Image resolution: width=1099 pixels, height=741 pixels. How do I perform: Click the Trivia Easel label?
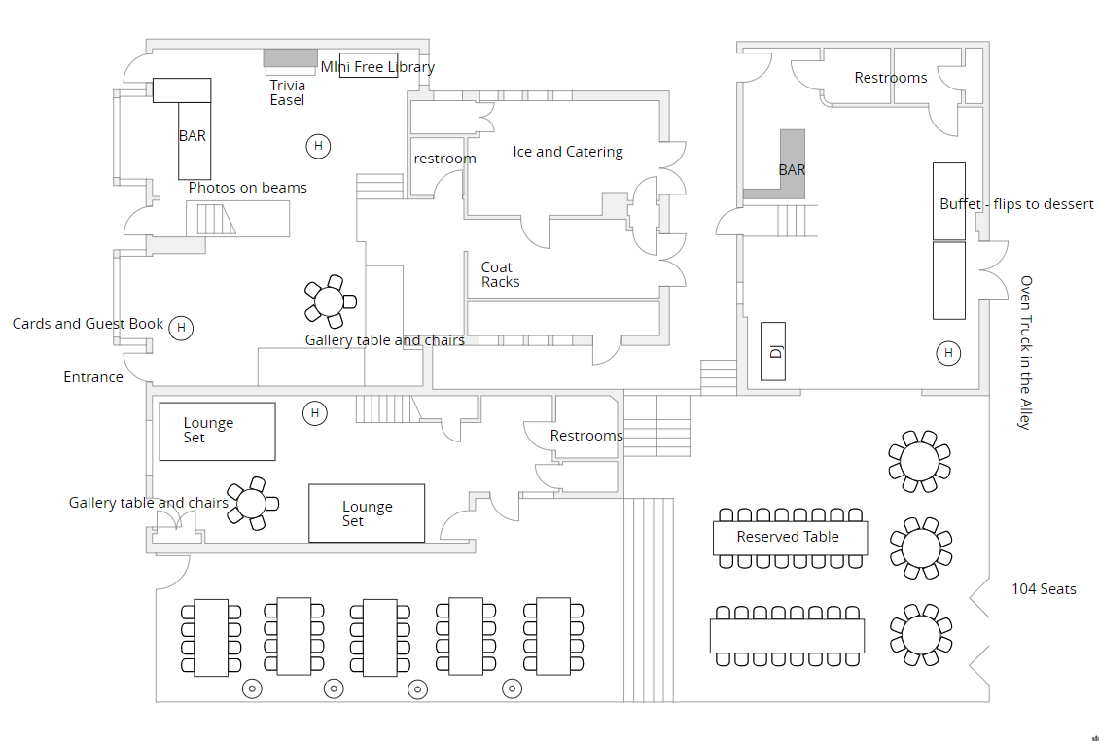287,92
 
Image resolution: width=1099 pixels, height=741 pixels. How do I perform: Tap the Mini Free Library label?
377,67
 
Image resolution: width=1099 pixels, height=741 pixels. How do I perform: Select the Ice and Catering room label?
568,152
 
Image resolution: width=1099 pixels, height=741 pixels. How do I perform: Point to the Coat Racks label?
500,274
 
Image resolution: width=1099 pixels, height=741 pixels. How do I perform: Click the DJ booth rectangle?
773,350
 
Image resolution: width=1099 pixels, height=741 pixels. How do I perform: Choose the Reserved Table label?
788,537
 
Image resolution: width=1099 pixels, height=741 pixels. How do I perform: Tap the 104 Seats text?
1044,589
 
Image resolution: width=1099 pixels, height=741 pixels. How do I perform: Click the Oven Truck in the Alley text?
1025,352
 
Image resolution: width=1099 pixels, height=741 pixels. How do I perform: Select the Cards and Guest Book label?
89,324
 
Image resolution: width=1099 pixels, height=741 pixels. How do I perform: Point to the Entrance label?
93,377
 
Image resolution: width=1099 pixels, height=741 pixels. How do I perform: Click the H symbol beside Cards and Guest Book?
181,328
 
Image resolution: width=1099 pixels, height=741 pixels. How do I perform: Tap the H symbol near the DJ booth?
948,353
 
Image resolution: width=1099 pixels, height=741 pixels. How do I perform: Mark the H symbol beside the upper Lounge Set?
314,413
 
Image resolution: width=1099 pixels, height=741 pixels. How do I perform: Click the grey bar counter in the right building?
790,165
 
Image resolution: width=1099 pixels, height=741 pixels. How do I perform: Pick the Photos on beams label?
247,188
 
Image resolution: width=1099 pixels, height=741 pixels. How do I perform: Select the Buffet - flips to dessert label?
1016,204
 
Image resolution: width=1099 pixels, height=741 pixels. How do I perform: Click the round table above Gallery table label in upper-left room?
331,300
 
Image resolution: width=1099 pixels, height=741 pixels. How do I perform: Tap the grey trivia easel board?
291,57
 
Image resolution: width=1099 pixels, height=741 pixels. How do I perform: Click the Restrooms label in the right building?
891,78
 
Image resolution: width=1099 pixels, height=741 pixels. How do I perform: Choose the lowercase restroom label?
444,159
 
